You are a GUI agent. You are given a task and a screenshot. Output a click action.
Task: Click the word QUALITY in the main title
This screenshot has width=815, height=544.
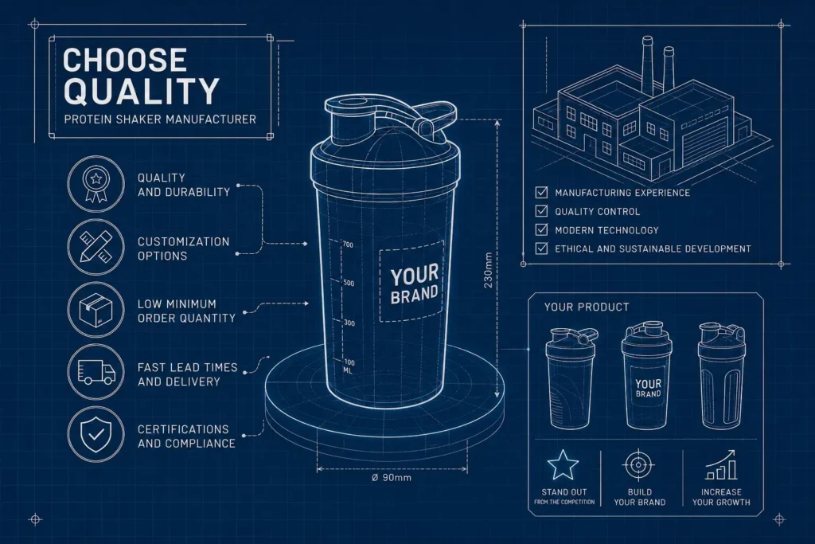pyautogui.click(x=141, y=92)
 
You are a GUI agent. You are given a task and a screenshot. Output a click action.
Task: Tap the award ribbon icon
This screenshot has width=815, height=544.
pyautogui.click(x=96, y=184)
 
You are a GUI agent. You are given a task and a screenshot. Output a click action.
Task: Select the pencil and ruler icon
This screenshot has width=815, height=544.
pyautogui.click(x=96, y=247)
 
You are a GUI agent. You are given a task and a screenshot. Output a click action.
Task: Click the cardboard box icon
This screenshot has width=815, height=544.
pyautogui.click(x=96, y=310)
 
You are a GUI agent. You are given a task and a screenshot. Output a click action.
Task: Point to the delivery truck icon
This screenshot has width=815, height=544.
pyautogui.click(x=96, y=372)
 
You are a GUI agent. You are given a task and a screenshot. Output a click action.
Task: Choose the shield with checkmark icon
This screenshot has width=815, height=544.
pyautogui.click(x=96, y=434)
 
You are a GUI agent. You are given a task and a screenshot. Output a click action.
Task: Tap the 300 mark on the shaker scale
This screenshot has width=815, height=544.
pyautogui.click(x=349, y=323)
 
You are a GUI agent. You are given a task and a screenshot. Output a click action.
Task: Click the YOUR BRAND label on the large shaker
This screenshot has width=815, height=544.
pyautogui.click(x=414, y=284)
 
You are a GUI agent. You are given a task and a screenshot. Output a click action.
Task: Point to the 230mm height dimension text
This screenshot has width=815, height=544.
pyautogui.click(x=488, y=271)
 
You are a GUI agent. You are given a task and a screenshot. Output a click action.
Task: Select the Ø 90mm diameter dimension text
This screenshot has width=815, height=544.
pyautogui.click(x=392, y=477)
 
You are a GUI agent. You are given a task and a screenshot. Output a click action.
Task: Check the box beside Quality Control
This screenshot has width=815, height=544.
pyautogui.click(x=541, y=211)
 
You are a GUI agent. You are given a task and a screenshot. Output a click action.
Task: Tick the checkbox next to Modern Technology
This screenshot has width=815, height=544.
pyautogui.click(x=541, y=230)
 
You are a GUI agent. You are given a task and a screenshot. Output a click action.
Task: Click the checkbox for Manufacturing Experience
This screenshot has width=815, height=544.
pyautogui.click(x=541, y=193)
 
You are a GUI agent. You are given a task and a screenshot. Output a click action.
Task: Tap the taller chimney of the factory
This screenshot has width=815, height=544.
pyautogui.click(x=648, y=65)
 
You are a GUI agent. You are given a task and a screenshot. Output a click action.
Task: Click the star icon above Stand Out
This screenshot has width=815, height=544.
pyautogui.click(x=563, y=465)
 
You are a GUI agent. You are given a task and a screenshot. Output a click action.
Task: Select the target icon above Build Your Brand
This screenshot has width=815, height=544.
pyautogui.click(x=639, y=465)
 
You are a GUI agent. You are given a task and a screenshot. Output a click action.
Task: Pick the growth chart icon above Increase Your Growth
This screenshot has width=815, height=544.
pyautogui.click(x=721, y=465)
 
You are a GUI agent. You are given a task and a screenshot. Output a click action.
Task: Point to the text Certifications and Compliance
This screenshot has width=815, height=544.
pyautogui.click(x=186, y=436)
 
